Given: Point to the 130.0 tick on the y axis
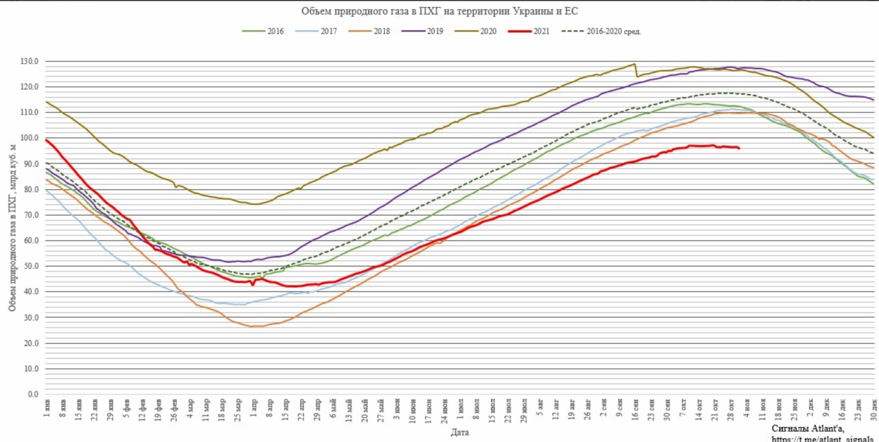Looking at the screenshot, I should (x=29, y=62).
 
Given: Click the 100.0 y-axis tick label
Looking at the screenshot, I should (x=29, y=138).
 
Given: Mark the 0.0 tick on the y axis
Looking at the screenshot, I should (x=32, y=395).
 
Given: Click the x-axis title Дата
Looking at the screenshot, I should (x=460, y=433).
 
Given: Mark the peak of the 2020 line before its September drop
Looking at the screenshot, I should (x=634, y=64).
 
